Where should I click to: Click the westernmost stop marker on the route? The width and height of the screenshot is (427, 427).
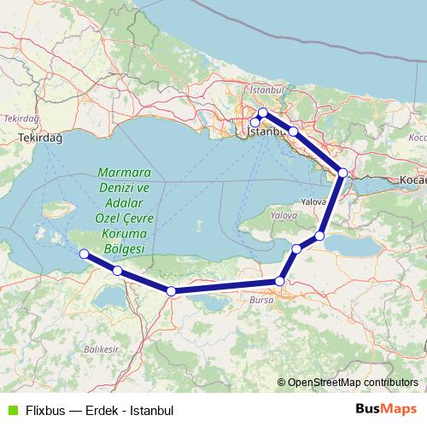coord(84,254)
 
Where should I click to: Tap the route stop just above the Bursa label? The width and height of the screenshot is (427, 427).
coord(279,281)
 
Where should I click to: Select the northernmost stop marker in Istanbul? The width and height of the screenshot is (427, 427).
coord(263,113)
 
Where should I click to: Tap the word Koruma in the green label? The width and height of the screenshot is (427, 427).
coord(124,232)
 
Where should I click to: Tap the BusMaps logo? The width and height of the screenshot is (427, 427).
coord(387,408)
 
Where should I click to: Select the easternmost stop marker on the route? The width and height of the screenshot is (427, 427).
coord(342,173)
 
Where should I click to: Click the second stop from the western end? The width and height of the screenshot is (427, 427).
coord(117,272)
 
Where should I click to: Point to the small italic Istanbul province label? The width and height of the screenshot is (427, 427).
coord(266,89)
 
